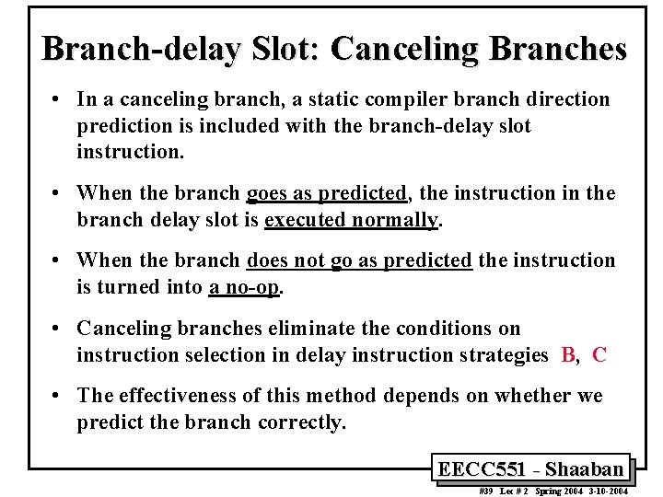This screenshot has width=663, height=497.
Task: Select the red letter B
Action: coord(568,355)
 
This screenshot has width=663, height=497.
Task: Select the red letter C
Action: coord(599,355)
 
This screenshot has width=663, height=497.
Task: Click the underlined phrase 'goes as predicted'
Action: coord(327,193)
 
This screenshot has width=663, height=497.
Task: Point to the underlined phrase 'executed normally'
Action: coord(351,220)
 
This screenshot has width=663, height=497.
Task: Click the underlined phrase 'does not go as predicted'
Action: coord(360,260)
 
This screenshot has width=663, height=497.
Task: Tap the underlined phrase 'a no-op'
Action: coord(244,287)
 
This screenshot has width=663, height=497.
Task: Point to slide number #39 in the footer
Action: coord(487,491)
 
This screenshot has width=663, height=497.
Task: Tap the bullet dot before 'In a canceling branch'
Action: coord(57,98)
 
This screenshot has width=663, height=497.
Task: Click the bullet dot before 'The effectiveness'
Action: coord(57,395)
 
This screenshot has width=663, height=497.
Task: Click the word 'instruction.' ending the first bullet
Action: coord(131,152)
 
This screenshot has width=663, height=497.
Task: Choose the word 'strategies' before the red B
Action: coord(506,355)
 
